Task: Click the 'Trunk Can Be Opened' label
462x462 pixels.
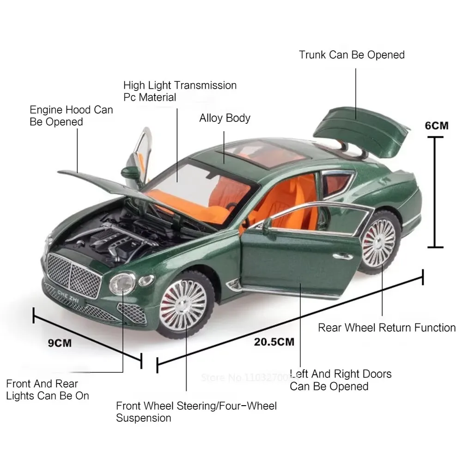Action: click(352, 55)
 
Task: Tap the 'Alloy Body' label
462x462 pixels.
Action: click(225, 118)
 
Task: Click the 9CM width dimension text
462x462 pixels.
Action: click(61, 343)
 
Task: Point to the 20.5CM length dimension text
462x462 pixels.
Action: click(274, 342)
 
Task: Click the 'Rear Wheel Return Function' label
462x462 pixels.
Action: click(387, 328)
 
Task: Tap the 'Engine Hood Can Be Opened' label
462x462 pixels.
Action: click(71, 115)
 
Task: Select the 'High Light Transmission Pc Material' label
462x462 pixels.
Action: click(180, 91)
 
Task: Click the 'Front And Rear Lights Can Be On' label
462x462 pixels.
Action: click(48, 389)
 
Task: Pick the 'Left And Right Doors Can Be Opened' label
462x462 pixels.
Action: click(340, 380)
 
